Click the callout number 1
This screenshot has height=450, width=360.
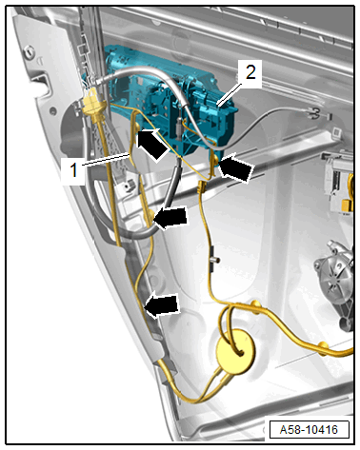[x=73, y=169]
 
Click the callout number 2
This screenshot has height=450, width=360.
[x=250, y=72]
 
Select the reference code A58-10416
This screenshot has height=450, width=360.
[x=309, y=430]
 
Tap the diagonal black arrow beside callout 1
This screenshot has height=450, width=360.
[x=152, y=145]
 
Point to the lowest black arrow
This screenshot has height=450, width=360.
[x=162, y=305]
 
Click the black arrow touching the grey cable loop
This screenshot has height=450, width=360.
[x=170, y=218]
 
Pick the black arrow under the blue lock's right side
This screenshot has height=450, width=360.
[x=236, y=167]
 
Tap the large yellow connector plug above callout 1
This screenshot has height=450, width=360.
[x=92, y=104]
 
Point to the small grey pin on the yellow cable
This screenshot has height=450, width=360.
[x=215, y=260]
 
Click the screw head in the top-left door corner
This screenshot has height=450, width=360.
[x=30, y=51]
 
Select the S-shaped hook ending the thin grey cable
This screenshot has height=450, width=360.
[x=314, y=113]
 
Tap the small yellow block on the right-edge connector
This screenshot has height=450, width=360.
[x=348, y=205]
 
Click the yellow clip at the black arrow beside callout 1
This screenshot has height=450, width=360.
[x=137, y=127]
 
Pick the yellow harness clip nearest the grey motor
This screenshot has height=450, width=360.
[x=323, y=345]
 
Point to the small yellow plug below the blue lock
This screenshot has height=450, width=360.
[x=202, y=186]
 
